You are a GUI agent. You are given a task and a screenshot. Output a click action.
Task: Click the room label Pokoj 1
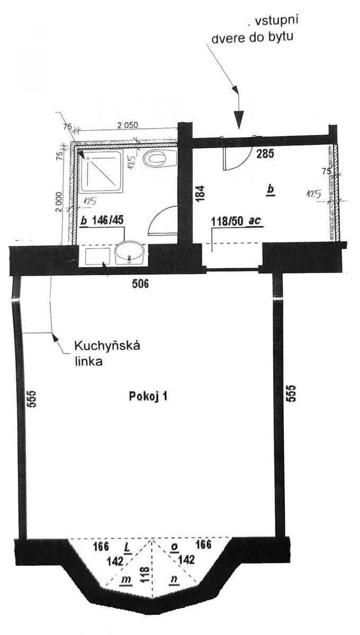click(x=148, y=396)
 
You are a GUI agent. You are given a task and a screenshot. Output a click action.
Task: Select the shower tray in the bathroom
click(x=102, y=171)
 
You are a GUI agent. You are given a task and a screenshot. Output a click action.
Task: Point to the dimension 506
click(x=140, y=284)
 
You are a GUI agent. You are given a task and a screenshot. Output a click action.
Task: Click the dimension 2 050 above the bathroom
click(x=128, y=125)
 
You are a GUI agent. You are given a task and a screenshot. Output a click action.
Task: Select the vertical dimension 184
click(x=200, y=193)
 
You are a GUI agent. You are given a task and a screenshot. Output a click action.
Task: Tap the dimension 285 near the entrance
click(x=265, y=153)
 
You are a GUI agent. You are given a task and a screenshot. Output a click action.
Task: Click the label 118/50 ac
click(x=236, y=221)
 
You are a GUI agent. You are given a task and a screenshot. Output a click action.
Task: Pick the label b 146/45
click(x=102, y=220)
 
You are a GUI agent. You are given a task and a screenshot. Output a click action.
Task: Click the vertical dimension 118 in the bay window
click(x=145, y=574)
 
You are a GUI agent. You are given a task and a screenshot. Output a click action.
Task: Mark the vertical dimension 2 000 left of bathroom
click(x=59, y=202)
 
